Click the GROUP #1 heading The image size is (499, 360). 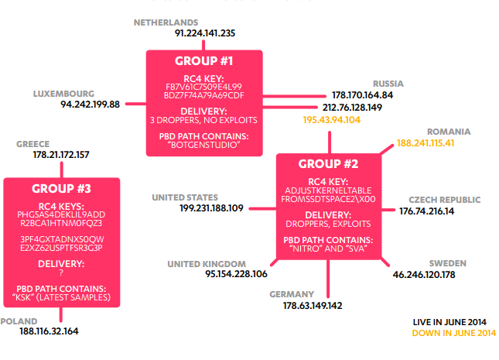204,60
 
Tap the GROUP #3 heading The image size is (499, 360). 62,188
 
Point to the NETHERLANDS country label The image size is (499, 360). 166,22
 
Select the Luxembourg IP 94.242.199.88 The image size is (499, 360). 90,105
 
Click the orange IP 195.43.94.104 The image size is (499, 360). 332,120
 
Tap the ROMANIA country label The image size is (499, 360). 449,132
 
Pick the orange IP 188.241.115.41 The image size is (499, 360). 426,143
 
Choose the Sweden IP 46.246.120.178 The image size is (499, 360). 424,274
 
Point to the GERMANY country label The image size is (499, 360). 292,294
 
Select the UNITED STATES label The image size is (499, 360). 185,197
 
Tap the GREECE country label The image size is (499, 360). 32,144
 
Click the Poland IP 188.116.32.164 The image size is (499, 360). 49,331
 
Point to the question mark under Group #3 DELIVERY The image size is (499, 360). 61,273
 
